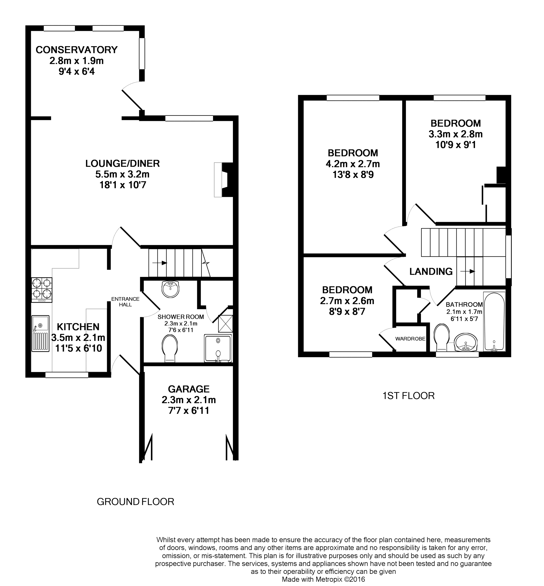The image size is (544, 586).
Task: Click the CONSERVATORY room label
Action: pos(77,50)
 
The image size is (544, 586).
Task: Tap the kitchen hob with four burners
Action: pos(42,290)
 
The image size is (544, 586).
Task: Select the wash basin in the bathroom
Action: pos(466,342)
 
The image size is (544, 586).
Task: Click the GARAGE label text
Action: pos(189,389)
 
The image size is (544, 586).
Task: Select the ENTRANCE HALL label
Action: pos(125,302)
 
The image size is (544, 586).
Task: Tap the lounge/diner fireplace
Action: pos(224,180)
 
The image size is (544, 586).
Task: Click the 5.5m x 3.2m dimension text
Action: pos(123,174)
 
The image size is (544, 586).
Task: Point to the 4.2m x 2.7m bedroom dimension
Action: pos(353,164)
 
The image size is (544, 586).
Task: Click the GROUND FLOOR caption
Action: pos(135,502)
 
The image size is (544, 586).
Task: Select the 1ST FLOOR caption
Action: pos(409,396)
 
